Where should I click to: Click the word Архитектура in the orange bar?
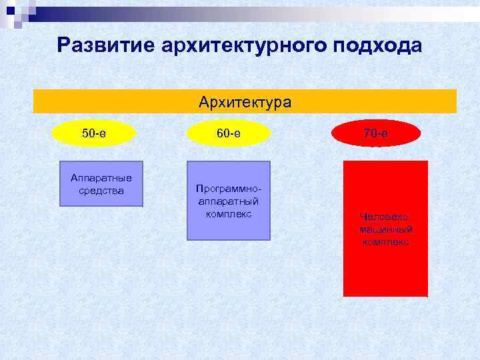click(x=245, y=102)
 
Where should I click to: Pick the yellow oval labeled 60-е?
click(x=229, y=133)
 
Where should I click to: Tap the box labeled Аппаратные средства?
click(x=101, y=184)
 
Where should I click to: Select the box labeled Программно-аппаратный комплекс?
click(x=229, y=201)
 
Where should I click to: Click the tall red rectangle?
click(x=385, y=229)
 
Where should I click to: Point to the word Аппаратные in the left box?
click(x=101, y=177)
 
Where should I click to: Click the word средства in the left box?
click(x=101, y=190)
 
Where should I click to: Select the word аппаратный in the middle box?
click(x=229, y=201)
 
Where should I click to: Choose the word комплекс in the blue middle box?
click(x=229, y=213)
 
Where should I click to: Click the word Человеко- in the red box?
click(x=386, y=217)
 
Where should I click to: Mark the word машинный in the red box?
click(x=386, y=229)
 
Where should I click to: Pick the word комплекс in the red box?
click(x=386, y=242)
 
